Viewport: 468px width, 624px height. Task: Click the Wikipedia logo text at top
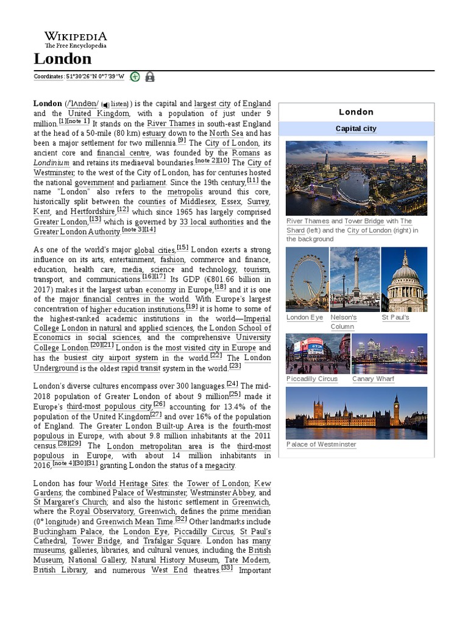pyautogui.click(x=75, y=37)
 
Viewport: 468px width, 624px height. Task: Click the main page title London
pyautogui.click(x=63, y=58)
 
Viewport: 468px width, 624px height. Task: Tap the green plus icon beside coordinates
pyautogui.click(x=135, y=77)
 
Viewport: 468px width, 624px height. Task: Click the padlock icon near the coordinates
pyautogui.click(x=149, y=77)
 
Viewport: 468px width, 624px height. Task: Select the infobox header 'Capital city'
pyautogui.click(x=356, y=129)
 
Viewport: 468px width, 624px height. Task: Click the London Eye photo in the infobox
pyautogui.click(x=307, y=280)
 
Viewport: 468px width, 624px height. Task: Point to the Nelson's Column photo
pyautogui.click(x=355, y=280)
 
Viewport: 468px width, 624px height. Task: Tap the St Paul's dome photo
pyautogui.click(x=404, y=280)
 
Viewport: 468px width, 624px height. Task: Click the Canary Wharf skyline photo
pyautogui.click(x=389, y=353)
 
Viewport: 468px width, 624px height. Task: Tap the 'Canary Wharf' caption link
pyautogui.click(x=373, y=379)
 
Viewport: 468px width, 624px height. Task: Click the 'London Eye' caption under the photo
pyautogui.click(x=305, y=317)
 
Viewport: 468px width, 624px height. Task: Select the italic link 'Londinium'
pyautogui.click(x=51, y=163)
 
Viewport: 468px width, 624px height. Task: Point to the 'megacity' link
pyautogui.click(x=219, y=466)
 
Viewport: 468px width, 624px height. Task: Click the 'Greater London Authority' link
pyautogui.click(x=77, y=232)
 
